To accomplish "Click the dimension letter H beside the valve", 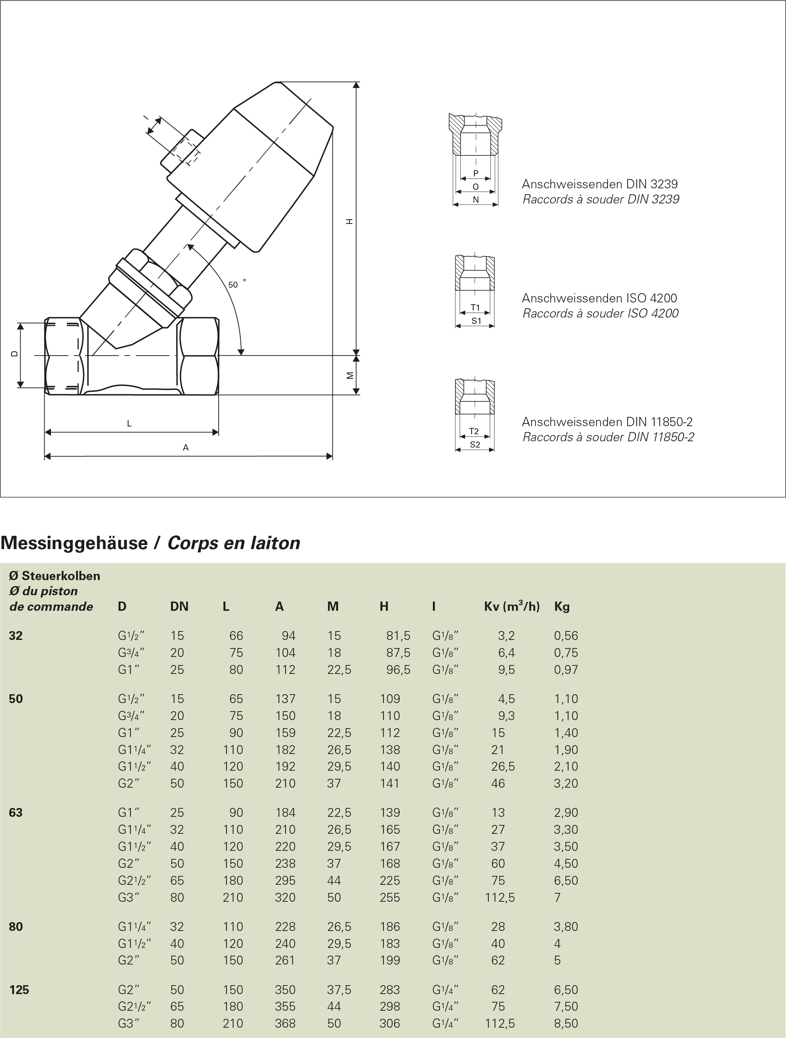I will [x=349, y=221].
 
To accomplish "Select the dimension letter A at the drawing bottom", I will [x=186, y=448].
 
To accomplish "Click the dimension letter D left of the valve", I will [x=14, y=354].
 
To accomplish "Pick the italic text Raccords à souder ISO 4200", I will [x=600, y=314].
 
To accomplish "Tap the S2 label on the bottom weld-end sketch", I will [x=475, y=444].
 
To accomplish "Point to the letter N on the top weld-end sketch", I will [x=475, y=199].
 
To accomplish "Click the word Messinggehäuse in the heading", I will [x=74, y=543].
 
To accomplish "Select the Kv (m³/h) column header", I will [x=512, y=607].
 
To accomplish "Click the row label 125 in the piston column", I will [x=19, y=990].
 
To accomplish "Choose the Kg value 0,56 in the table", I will [x=566, y=636].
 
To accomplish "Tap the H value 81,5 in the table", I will [x=398, y=636].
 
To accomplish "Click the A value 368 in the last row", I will [x=285, y=1024].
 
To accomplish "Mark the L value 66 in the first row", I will [x=236, y=636].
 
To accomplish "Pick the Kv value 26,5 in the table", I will [x=503, y=766].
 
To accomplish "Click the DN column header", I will [x=179, y=607].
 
